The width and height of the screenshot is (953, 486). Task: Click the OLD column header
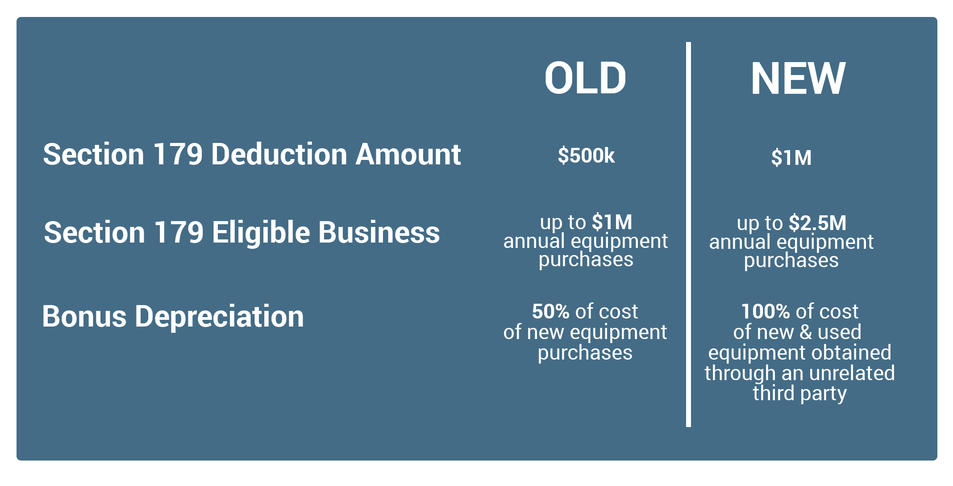[x=585, y=78]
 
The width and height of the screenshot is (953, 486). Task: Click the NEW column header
[x=798, y=79]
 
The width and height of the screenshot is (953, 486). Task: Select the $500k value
[x=586, y=155]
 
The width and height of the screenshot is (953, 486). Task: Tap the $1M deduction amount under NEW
[x=791, y=158]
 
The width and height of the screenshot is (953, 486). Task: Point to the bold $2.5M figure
[x=818, y=223]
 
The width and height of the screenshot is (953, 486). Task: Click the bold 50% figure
[x=550, y=311]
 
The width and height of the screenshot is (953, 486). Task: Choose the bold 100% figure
[x=766, y=311]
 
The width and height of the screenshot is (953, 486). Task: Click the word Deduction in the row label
[x=279, y=155]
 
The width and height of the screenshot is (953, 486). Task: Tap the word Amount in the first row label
[x=408, y=155]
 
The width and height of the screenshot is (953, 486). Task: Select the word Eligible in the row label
[x=261, y=233]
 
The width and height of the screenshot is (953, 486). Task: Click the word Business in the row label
[x=379, y=233]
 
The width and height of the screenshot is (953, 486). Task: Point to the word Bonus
[x=84, y=317]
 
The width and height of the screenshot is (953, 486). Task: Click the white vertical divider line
[x=688, y=235]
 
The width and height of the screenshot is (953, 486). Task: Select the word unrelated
[x=852, y=373]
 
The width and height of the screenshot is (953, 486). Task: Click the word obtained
[x=849, y=352]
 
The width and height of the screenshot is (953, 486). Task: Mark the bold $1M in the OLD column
[x=612, y=222]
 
